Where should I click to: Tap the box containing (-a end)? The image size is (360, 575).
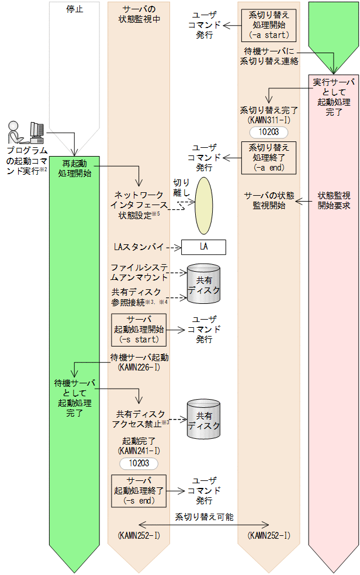[268, 157]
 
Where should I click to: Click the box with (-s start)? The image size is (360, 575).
[139, 330]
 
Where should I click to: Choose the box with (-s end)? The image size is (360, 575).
[139, 491]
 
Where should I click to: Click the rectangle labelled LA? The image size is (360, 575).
[203, 247]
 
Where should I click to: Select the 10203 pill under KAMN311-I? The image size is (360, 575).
[268, 132]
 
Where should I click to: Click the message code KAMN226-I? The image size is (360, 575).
[139, 367]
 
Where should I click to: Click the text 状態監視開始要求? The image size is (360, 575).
[334, 200]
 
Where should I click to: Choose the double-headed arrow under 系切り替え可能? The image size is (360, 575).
[203, 525]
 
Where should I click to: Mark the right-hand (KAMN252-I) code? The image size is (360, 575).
[268, 535]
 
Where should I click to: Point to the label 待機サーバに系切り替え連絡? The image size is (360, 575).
[269, 56]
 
